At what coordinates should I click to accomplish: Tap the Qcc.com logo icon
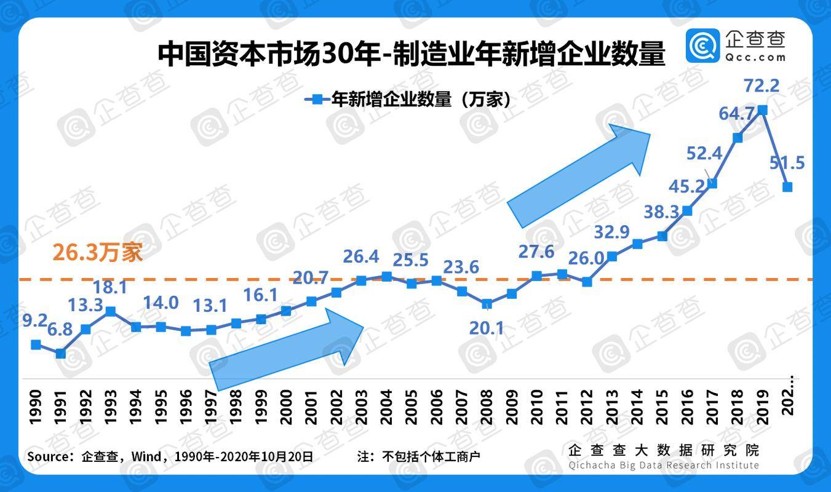coord(702,45)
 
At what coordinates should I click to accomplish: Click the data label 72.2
coord(761,85)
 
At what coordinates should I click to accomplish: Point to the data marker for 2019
coord(763,110)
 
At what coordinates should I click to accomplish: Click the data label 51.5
coord(787,163)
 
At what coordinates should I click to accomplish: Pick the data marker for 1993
coord(111,312)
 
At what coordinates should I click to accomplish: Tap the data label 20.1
coord(486,328)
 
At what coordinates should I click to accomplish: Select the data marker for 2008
coord(487,304)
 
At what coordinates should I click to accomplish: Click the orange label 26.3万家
coord(97,253)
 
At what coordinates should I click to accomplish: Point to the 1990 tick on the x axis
coord(36,407)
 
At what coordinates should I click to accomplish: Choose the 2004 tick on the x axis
coord(386,407)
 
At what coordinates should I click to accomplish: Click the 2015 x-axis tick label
coord(662,407)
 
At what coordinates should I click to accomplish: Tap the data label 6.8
coord(59,329)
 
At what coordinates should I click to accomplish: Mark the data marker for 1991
coord(60,354)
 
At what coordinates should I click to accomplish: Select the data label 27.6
coord(536,252)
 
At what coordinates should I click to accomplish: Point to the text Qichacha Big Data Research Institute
coord(664,465)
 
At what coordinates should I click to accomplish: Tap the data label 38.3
coord(661,212)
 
